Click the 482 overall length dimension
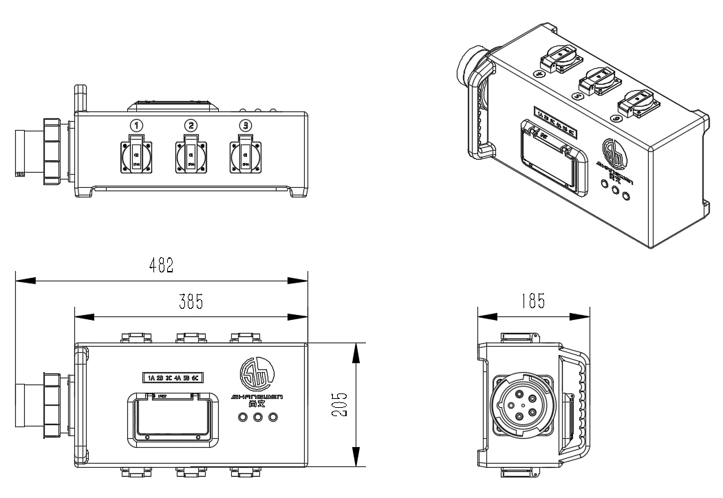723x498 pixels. (x=161, y=266)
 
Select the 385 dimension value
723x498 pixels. (x=191, y=302)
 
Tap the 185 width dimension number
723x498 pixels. (x=533, y=301)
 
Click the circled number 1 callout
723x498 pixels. (x=138, y=125)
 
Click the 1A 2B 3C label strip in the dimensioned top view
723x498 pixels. (x=175, y=377)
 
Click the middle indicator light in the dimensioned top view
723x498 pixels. (x=258, y=418)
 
